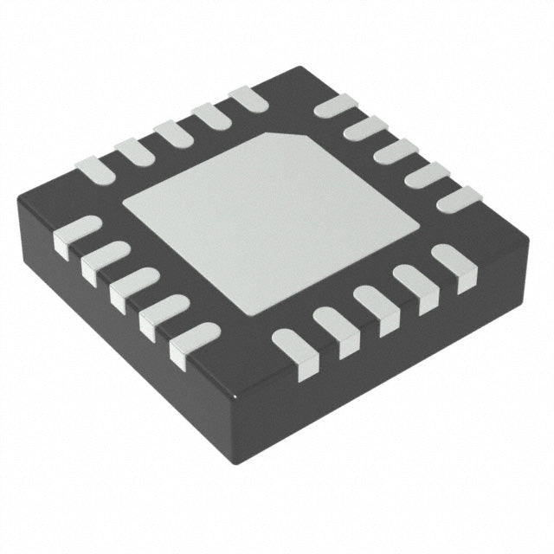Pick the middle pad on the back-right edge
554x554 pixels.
coord(396,152)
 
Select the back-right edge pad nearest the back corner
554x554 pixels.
coord(336,106)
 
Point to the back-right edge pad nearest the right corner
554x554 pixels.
coord(457,200)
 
